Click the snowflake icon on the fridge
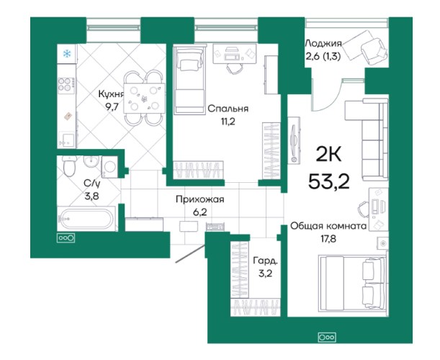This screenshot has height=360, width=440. pyautogui.click(x=67, y=53)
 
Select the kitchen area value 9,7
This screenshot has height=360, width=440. pyautogui.click(x=111, y=107)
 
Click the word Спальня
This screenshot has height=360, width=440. pyautogui.click(x=228, y=109)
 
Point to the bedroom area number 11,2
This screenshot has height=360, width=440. pyautogui.click(x=228, y=122)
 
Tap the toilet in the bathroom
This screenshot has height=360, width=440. pyautogui.click(x=69, y=166)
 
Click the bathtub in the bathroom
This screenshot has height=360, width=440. pyautogui.click(x=86, y=219)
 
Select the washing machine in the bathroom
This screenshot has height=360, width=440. pyautogui.click(x=109, y=167)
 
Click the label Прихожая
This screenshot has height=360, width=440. pyautogui.click(x=199, y=199)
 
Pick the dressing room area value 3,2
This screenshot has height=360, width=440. pyautogui.click(x=265, y=274)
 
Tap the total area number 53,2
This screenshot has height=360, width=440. pyautogui.click(x=328, y=181)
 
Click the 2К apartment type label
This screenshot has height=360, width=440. pyautogui.click(x=328, y=154)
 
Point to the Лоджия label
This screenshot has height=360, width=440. pyautogui.click(x=323, y=43)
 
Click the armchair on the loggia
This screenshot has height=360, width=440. pyautogui.click(x=374, y=50)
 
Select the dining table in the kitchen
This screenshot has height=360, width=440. pyautogui.click(x=144, y=98)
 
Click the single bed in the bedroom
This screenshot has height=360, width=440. pyautogui.click(x=189, y=80)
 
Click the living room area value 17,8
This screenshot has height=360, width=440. pyautogui.click(x=328, y=239)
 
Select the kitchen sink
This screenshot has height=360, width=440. pyautogui.click(x=67, y=140)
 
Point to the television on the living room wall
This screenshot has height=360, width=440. pyautogui.click(x=294, y=140)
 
